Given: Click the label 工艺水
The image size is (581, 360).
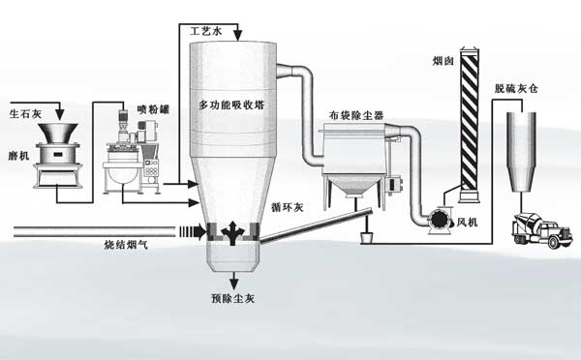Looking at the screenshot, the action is click(206, 31).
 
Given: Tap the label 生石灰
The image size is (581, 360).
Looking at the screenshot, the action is click(25, 113).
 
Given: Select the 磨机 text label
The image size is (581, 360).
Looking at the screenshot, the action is click(19, 156).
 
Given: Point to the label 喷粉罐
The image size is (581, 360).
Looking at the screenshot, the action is click(153, 109).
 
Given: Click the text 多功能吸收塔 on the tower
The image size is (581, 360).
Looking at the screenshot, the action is click(232, 105).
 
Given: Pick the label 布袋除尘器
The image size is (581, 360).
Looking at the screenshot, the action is click(356, 115).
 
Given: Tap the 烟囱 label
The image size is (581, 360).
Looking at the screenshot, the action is click(443, 61).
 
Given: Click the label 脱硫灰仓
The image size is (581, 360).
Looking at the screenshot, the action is click(516, 88).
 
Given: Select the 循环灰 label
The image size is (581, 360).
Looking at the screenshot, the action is click(288, 207).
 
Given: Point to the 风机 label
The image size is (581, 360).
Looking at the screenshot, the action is click(468, 223).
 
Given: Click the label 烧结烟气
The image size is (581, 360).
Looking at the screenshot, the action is click(126, 245).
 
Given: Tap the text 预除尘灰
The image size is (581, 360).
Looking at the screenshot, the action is click(233, 298).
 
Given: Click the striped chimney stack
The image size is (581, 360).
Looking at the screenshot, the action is click(469, 124).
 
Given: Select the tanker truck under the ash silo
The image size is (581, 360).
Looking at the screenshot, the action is click(542, 231).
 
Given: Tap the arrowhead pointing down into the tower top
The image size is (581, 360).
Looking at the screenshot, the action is click(237, 36).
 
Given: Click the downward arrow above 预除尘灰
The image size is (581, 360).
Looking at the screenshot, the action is click(233, 281).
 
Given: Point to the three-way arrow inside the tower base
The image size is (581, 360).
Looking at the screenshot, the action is click(232, 233).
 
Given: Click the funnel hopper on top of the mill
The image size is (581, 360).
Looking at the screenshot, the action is click(58, 133).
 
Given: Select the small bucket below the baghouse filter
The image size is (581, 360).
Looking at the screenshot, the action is click(366, 238).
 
